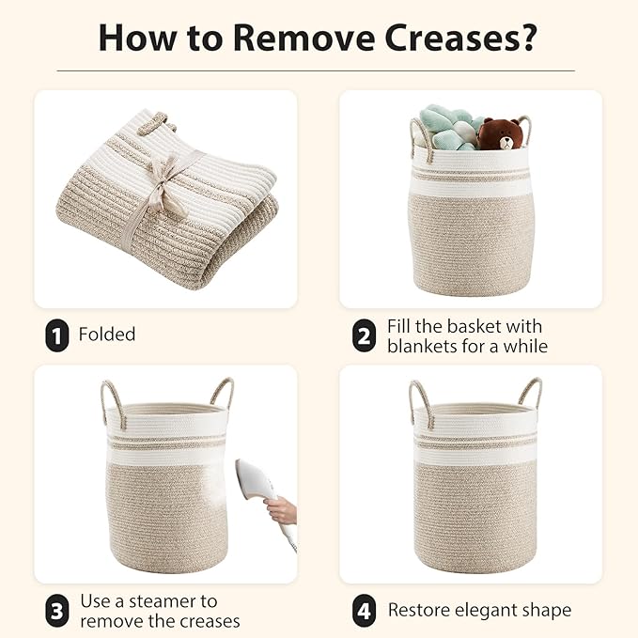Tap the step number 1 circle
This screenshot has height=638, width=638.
tap(57, 335)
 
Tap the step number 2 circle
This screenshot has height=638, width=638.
tap(364, 335)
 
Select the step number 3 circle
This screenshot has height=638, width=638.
tap(57, 612)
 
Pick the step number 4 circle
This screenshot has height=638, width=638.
tap(364, 611)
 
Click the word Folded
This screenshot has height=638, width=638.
tap(107, 335)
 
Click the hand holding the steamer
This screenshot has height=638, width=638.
tap(281, 512)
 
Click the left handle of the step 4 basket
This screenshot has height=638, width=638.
tap(417, 398)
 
